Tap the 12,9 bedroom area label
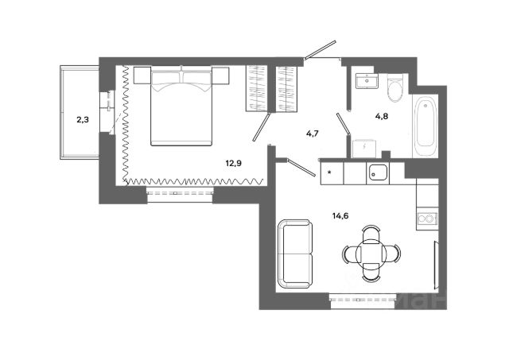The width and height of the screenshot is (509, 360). click(233, 164)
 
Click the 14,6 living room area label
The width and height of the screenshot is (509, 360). click(341, 214)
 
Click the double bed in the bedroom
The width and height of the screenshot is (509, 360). click(181, 106)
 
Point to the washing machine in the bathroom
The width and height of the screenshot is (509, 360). click(363, 147)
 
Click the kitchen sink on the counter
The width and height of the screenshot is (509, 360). click(377, 171)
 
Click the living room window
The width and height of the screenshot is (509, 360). click(362, 299)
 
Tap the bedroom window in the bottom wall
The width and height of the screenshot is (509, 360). click(180, 192)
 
